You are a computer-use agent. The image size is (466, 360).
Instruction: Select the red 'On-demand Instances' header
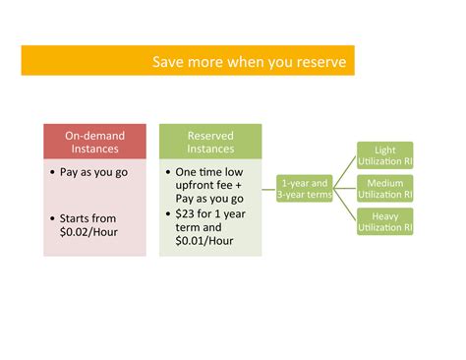[x=94, y=142]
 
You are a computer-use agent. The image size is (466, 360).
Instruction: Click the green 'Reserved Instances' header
[x=210, y=142]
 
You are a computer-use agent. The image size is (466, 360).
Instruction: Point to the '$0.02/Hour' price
[x=88, y=232]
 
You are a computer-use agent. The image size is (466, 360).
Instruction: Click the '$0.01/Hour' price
[x=204, y=241]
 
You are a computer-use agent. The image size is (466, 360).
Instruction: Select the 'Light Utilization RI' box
[x=385, y=155]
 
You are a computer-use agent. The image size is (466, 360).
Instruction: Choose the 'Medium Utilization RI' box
[x=385, y=189]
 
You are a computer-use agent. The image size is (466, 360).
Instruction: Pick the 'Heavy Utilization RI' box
[x=385, y=221]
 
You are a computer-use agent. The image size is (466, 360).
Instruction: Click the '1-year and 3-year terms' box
[x=305, y=189]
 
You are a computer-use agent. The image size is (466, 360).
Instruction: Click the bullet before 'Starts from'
[x=52, y=218]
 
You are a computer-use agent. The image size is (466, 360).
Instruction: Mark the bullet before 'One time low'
[x=168, y=172]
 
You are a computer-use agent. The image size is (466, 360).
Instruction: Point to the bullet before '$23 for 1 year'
[x=168, y=214]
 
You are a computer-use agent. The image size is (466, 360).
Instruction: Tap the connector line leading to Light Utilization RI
[x=344, y=172]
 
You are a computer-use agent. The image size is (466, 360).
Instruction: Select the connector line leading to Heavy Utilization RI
[x=344, y=205]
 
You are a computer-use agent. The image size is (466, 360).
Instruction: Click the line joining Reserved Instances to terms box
[x=268, y=189]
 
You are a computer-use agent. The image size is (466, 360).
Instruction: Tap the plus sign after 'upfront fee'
[x=238, y=185]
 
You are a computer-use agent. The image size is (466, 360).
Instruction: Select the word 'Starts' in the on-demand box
[x=74, y=218]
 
